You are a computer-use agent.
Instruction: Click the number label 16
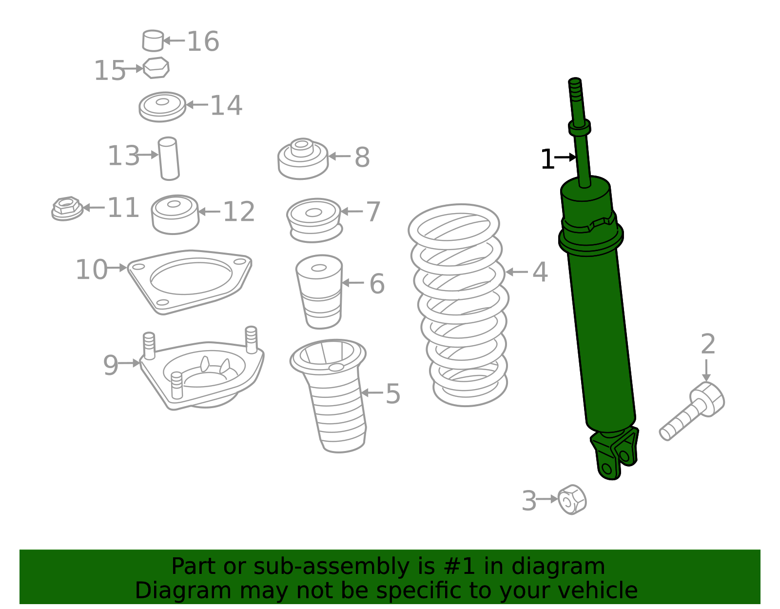tap(203, 41)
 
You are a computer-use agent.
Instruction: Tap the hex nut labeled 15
tap(156, 68)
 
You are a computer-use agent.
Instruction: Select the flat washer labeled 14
tap(162, 106)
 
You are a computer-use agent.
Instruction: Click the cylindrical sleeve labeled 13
tap(169, 158)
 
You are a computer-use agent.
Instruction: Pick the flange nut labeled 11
tap(67, 209)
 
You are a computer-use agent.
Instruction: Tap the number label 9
tap(110, 365)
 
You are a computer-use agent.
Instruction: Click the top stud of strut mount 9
tap(251, 338)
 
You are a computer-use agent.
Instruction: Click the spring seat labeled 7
tap(314, 219)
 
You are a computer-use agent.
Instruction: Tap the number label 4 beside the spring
tap(540, 272)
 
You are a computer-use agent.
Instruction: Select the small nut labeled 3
tap(572, 500)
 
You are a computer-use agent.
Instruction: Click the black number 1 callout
tap(547, 159)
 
